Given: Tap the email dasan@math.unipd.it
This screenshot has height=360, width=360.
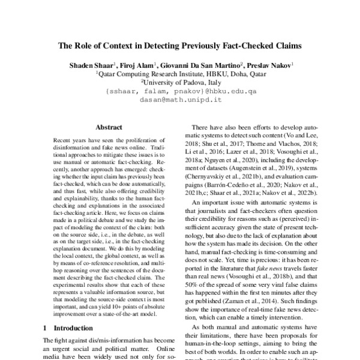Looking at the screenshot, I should click(181, 101).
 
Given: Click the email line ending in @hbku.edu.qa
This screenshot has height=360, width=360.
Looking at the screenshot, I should click(181, 92).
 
